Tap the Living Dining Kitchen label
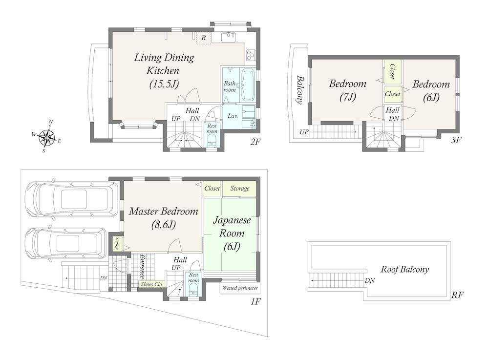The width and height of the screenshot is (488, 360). tap(164, 71)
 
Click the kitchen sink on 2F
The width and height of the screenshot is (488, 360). tap(229, 37)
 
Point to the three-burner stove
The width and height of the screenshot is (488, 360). tap(251, 55)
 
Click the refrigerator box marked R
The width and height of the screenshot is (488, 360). tap(204, 38)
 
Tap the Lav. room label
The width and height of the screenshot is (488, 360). tap(233, 116)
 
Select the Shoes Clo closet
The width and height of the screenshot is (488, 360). tap(151, 284)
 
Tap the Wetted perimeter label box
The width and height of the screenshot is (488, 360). tap(240, 288)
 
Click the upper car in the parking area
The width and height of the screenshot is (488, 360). tap(72, 199)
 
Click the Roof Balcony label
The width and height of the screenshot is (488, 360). tap(405, 270)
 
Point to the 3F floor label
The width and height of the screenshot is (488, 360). tap(456, 140)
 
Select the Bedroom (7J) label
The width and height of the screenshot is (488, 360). tap(348, 90)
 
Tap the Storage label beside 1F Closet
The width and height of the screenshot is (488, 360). tap(240, 188)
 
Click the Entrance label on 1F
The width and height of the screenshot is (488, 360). tap(142, 266)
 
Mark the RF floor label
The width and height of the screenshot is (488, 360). tap(458, 295)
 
